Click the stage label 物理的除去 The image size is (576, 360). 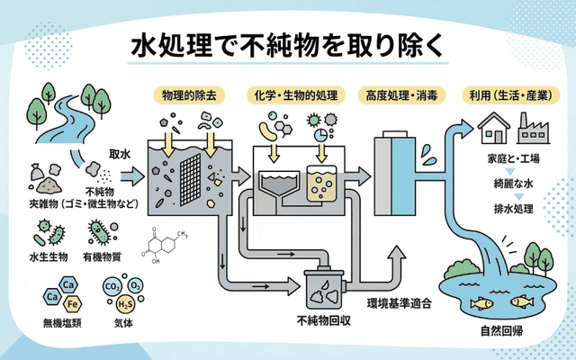192,95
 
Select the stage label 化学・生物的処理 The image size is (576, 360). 295,95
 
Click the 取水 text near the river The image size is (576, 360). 120,154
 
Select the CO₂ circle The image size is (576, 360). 113,289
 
